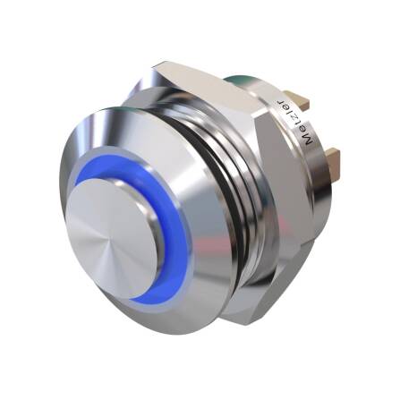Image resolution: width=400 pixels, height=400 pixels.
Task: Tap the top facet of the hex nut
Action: [x=206, y=75]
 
